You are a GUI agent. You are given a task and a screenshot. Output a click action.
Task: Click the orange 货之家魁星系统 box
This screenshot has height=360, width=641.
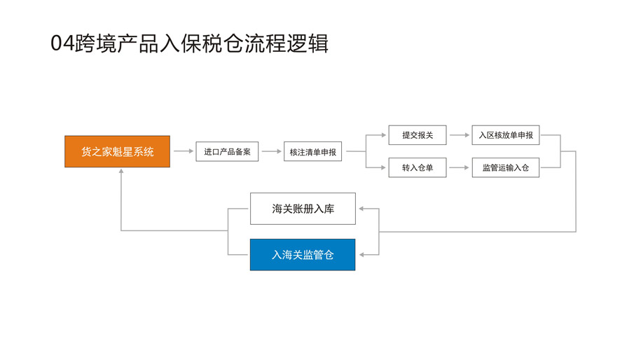[x=117, y=151]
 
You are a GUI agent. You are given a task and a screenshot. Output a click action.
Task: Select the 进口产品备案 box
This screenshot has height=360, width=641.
[x=227, y=151]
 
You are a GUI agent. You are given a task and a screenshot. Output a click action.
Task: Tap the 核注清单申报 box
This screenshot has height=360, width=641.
[x=312, y=151]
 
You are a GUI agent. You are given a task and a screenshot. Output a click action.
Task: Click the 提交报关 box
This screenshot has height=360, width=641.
[x=417, y=135]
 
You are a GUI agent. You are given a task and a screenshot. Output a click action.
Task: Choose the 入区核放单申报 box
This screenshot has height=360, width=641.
[x=505, y=135]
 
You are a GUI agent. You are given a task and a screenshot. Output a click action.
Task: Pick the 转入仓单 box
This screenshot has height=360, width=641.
[x=417, y=168]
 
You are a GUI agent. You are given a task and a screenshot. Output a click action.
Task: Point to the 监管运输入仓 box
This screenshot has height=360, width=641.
[x=505, y=168]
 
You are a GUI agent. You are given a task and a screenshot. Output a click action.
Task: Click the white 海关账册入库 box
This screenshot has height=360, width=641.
[x=303, y=209]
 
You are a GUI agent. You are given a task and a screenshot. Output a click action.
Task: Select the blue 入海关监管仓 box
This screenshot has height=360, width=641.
[x=303, y=255]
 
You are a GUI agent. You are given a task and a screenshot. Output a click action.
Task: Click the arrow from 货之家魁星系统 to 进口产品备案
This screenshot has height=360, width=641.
[x=183, y=151]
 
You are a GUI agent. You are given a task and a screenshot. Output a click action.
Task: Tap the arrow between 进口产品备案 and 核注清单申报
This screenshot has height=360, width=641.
[x=271, y=151]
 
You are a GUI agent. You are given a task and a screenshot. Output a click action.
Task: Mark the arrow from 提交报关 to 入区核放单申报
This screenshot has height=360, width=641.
[x=459, y=135]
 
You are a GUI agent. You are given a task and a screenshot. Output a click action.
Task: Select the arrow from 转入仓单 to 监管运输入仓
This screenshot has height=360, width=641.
[x=459, y=168]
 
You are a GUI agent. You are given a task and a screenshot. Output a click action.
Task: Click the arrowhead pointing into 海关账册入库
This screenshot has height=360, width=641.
[x=360, y=209]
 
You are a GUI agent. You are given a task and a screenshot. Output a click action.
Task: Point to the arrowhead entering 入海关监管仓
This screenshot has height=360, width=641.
[x=360, y=255]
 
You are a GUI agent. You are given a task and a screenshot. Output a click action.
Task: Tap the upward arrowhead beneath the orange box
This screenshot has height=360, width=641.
[x=121, y=172]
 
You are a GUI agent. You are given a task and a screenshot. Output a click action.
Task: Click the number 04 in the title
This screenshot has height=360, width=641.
[x=61, y=43]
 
